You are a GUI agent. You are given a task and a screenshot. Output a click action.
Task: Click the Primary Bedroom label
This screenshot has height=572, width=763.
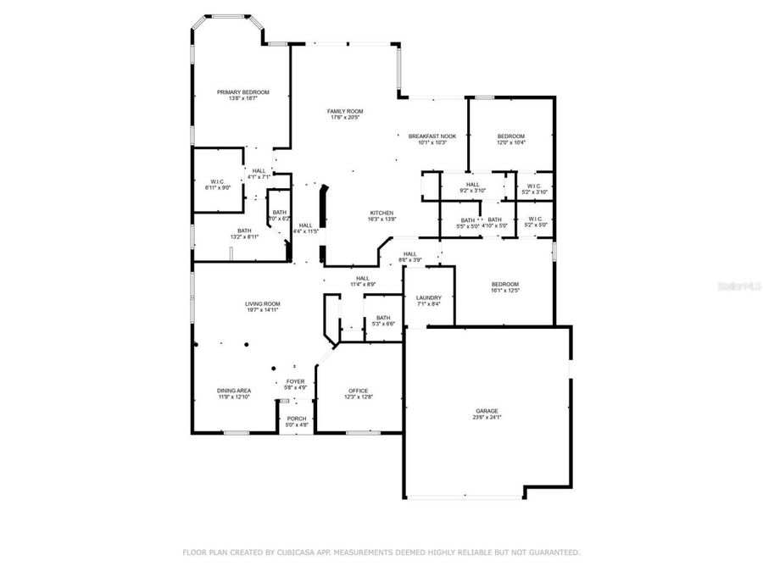click(242, 92)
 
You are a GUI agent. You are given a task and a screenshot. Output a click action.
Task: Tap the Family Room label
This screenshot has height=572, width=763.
click(345, 111)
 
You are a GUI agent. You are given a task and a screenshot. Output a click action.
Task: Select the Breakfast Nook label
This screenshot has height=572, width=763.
click(432, 136)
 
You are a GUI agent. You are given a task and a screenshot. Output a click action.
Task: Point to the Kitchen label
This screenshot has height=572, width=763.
click(382, 212)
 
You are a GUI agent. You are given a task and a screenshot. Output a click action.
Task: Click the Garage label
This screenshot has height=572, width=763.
click(486, 411)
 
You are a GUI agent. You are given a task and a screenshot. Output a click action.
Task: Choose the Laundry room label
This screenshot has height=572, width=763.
click(428, 297)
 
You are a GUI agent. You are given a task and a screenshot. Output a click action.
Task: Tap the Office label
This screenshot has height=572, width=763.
click(359, 390)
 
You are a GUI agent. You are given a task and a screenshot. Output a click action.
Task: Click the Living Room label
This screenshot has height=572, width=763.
click(263, 303)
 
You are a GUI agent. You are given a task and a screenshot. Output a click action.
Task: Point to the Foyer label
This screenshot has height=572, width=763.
click(295, 381)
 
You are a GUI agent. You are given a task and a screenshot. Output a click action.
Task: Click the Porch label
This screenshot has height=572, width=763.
click(297, 419)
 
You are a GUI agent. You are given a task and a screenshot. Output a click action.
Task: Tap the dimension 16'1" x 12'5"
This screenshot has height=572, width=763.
click(505, 291)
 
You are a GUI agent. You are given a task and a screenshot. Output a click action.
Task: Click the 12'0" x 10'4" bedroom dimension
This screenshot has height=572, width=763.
click(511, 142)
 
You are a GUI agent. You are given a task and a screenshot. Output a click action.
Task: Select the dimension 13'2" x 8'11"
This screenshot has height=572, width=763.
click(244, 237)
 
